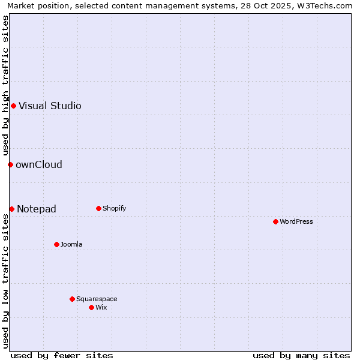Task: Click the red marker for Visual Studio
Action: pyautogui.click(x=13, y=106)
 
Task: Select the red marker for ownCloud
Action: pyautogui.click(x=10, y=164)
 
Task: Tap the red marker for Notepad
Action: pyautogui.click(x=11, y=209)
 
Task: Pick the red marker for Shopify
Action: pyautogui.click(x=98, y=208)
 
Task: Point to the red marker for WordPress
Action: pyautogui.click(x=275, y=221)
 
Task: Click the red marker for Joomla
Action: pyautogui.click(x=56, y=244)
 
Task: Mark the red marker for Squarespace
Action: pyautogui.click(x=72, y=299)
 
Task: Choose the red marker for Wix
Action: pyautogui.click(x=91, y=307)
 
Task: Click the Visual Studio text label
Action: pyautogui.click(x=50, y=106)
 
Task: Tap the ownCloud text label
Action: pyautogui.click(x=39, y=164)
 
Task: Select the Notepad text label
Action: pyautogui.click(x=37, y=209)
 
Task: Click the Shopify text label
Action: pyautogui.click(x=114, y=208)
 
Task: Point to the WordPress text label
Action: pyautogui.click(x=296, y=221)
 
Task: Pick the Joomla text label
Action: pyautogui.click(x=71, y=244)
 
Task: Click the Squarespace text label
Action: pyautogui.click(x=97, y=299)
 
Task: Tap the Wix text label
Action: pyautogui.click(x=101, y=307)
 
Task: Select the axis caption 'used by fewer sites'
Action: pyautogui.click(x=62, y=355)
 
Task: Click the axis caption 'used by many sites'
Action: pyautogui.click(x=301, y=355)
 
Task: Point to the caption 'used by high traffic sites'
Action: pyautogui.click(x=5, y=86)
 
